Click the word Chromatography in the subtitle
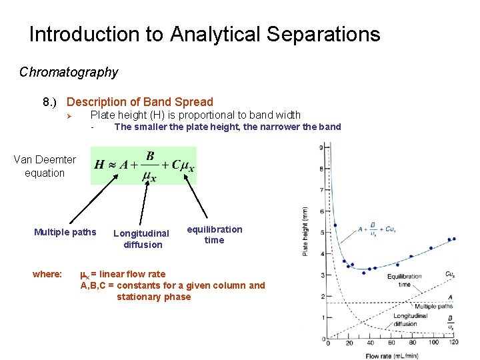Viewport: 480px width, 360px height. pyautogui.click(x=69, y=72)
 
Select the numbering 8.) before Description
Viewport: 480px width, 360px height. pyautogui.click(x=51, y=102)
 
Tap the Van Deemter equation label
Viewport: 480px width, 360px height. pyautogui.click(x=45, y=166)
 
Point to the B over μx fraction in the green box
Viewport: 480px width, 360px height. pyautogui.click(x=150, y=166)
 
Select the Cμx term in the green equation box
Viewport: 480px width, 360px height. pyautogui.click(x=183, y=165)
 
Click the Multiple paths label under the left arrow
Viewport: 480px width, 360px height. pyautogui.click(x=65, y=233)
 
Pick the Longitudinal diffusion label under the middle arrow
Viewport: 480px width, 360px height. pyautogui.click(x=141, y=239)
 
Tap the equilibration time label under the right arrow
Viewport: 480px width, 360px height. pyautogui.click(x=214, y=235)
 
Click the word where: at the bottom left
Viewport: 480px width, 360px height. pyautogui.click(x=47, y=274)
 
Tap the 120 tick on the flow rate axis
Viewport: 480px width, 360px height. pyautogui.click(x=453, y=342)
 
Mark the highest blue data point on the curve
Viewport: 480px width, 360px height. pyautogui.click(x=335, y=225)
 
